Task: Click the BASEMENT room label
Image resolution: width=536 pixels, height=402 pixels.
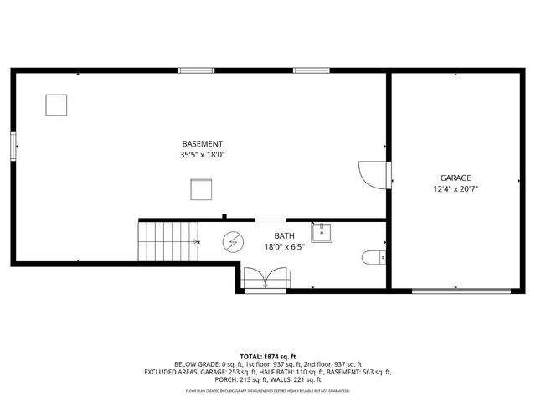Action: tap(202, 144)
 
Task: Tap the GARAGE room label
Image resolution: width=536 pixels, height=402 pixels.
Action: tap(456, 178)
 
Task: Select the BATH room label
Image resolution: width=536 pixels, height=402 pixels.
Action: tap(285, 236)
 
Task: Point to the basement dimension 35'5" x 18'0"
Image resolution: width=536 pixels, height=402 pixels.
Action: tap(202, 155)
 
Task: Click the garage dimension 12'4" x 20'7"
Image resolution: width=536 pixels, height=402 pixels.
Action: tap(456, 189)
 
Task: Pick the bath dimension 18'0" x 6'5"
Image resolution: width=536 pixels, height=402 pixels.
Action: tap(285, 247)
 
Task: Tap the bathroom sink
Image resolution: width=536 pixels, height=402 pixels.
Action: tap(322, 232)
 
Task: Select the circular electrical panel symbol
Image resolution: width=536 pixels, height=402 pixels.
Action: tap(231, 243)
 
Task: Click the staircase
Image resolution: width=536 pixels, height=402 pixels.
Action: tap(167, 241)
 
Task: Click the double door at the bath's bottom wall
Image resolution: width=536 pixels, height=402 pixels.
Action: tap(265, 279)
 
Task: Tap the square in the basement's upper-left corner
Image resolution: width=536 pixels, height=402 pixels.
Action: tap(56, 105)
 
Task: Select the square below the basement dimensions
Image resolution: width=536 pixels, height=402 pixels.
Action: tap(201, 190)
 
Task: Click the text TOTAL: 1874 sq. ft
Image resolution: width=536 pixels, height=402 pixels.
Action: tap(268, 357)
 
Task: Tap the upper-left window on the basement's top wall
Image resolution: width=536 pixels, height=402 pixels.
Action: tap(191, 70)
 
